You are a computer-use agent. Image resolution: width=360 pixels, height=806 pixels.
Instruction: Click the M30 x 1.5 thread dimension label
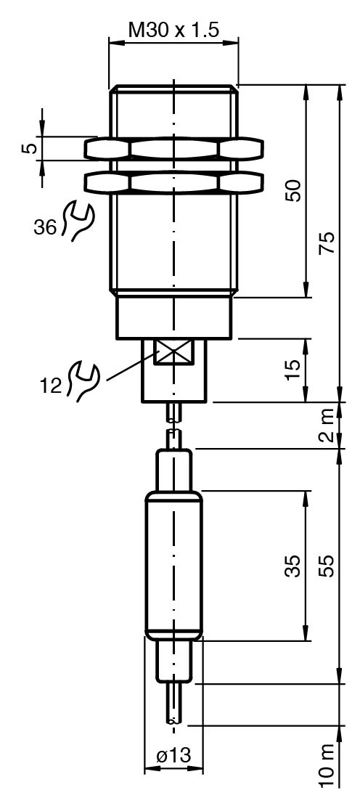coord(173,30)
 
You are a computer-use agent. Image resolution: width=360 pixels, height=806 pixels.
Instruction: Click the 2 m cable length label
coord(328,425)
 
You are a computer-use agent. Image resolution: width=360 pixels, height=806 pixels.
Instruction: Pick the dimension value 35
coord(292,566)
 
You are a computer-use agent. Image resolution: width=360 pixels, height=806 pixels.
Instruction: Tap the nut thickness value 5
coord(30,149)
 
